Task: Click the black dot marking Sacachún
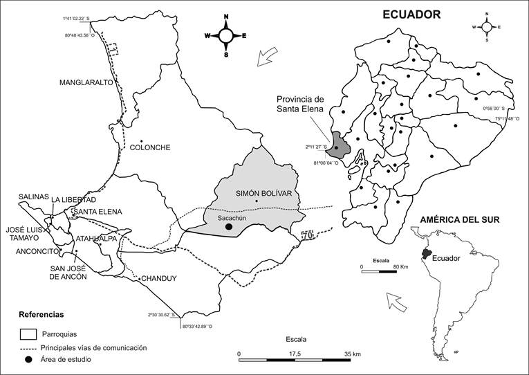tap(229, 226)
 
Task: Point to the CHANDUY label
tap(160, 279)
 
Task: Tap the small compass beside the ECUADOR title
tap(487, 26)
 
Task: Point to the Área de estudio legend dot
tap(28, 360)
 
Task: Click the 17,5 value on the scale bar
tap(295, 354)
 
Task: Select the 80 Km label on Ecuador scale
tap(401, 266)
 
